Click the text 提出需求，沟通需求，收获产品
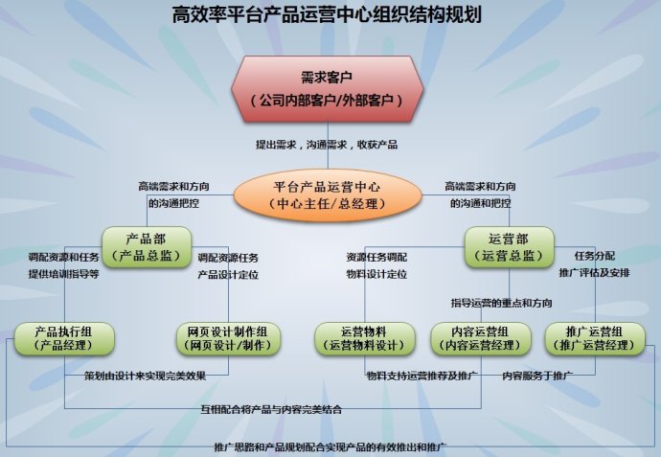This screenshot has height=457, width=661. coord(326,145)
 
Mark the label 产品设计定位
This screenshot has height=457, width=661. coord(228,275)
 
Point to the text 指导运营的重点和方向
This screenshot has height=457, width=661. coord(501,303)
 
